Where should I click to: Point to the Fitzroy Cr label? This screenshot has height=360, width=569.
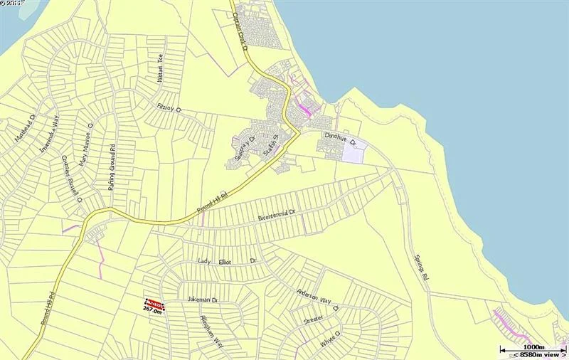169,107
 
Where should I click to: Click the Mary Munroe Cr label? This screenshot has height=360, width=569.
87,145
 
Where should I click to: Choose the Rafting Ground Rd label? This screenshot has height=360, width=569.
112,167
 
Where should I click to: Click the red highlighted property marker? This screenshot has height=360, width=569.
154,303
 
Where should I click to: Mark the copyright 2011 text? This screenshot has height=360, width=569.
11,4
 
